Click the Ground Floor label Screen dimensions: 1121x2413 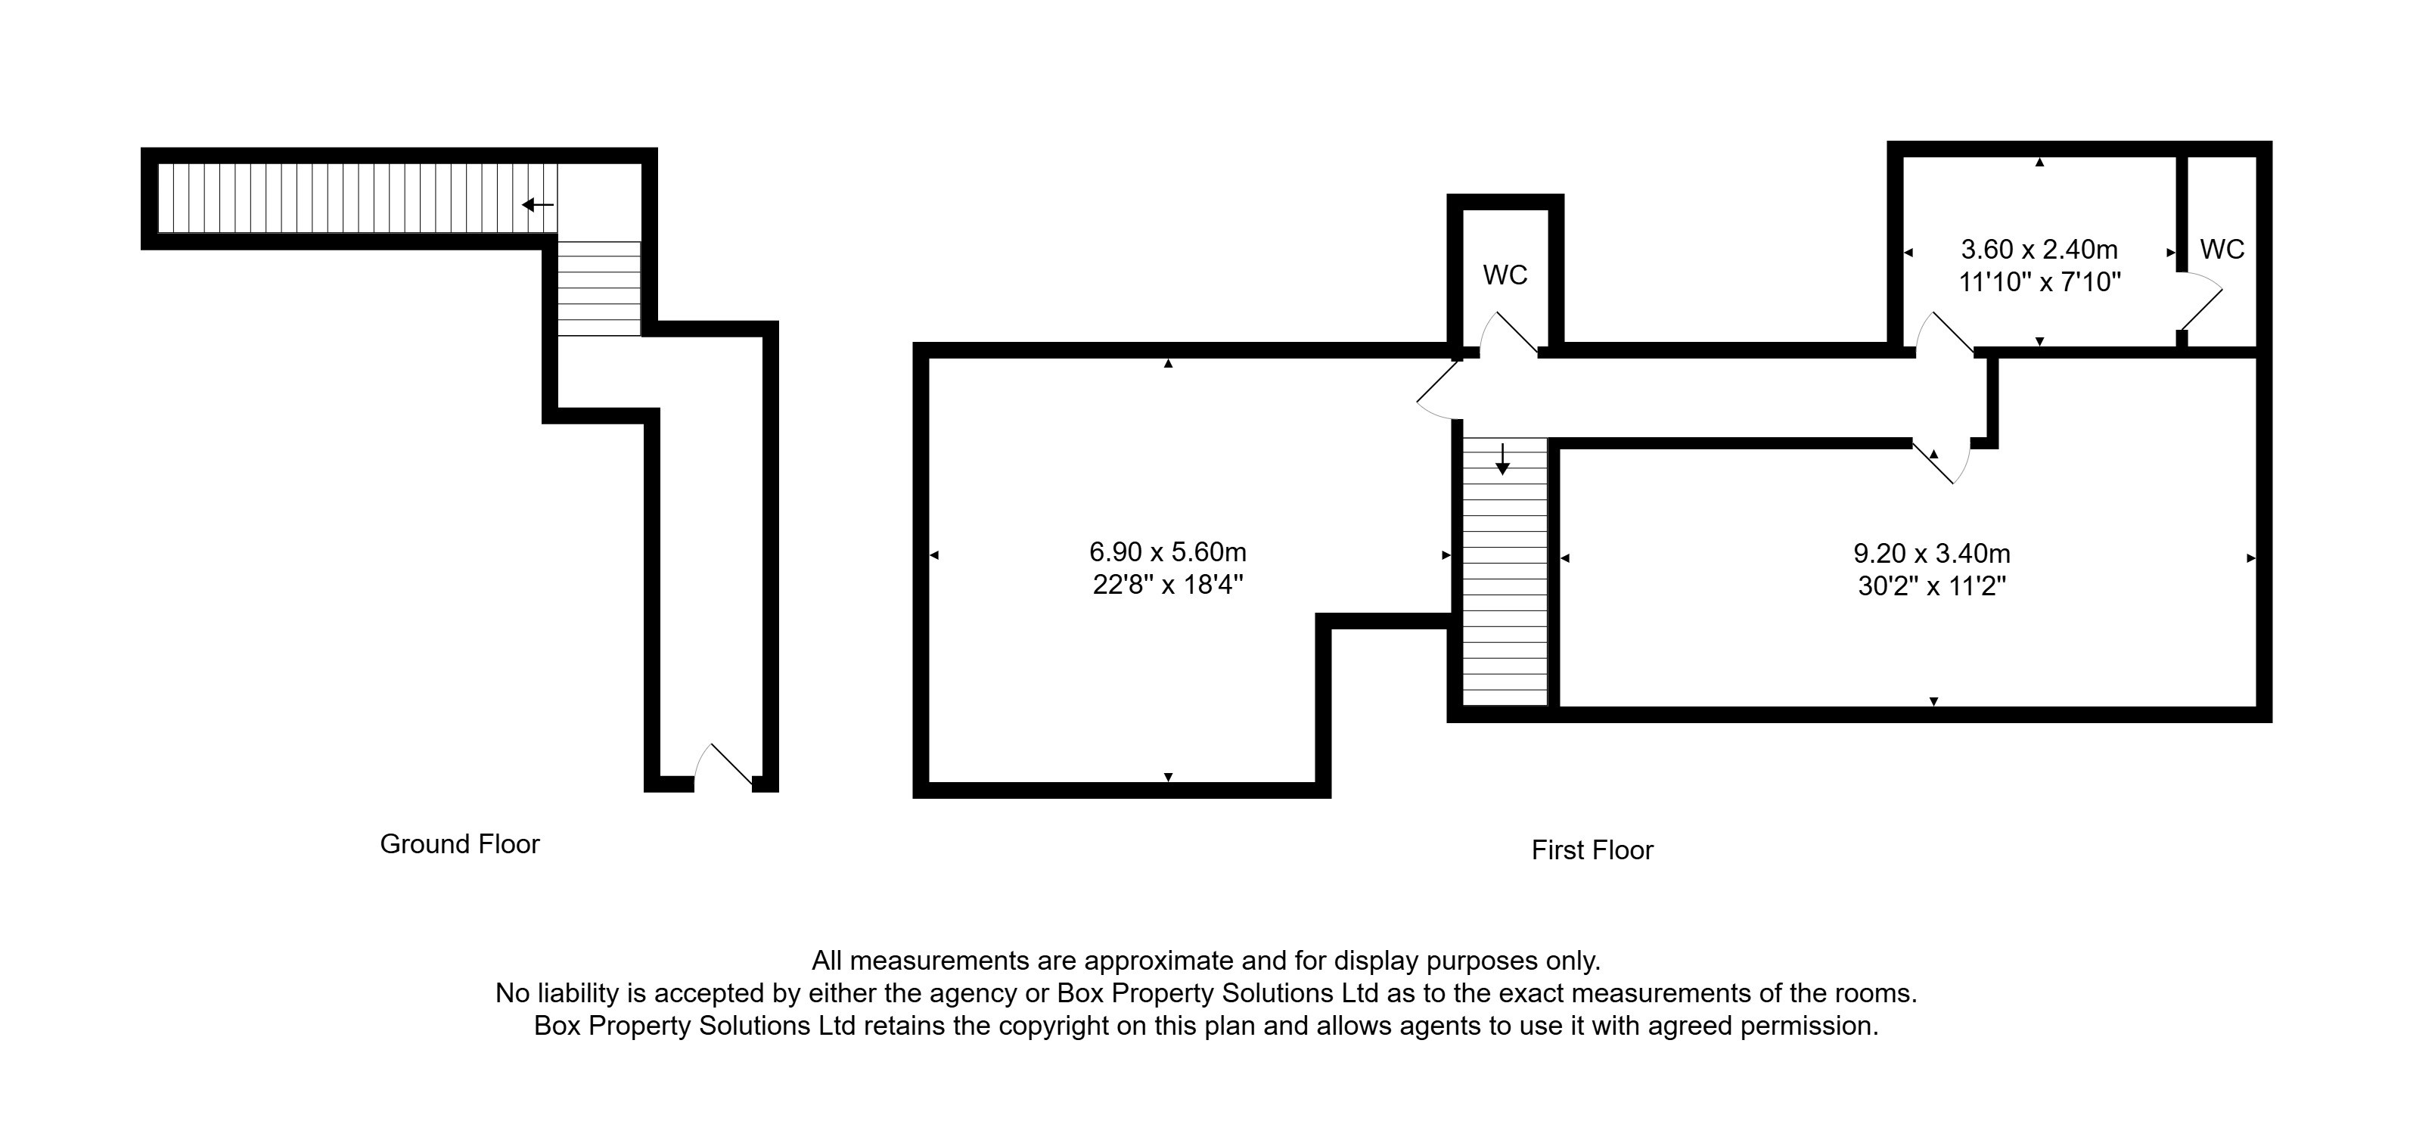[x=459, y=844]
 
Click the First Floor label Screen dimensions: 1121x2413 [x=1592, y=849]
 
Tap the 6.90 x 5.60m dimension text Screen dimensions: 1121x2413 [x=1167, y=551]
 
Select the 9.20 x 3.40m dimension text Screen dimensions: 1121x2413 [x=1931, y=554]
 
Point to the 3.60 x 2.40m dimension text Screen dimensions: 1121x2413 [x=2039, y=249]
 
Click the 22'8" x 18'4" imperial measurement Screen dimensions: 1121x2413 [x=1167, y=585]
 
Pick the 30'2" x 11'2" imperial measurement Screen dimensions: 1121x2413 [x=1931, y=586]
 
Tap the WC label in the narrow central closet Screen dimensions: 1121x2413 [x=1505, y=275]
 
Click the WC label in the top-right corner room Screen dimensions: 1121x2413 [x=2222, y=249]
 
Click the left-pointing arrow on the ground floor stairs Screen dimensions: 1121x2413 [x=538, y=204]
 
